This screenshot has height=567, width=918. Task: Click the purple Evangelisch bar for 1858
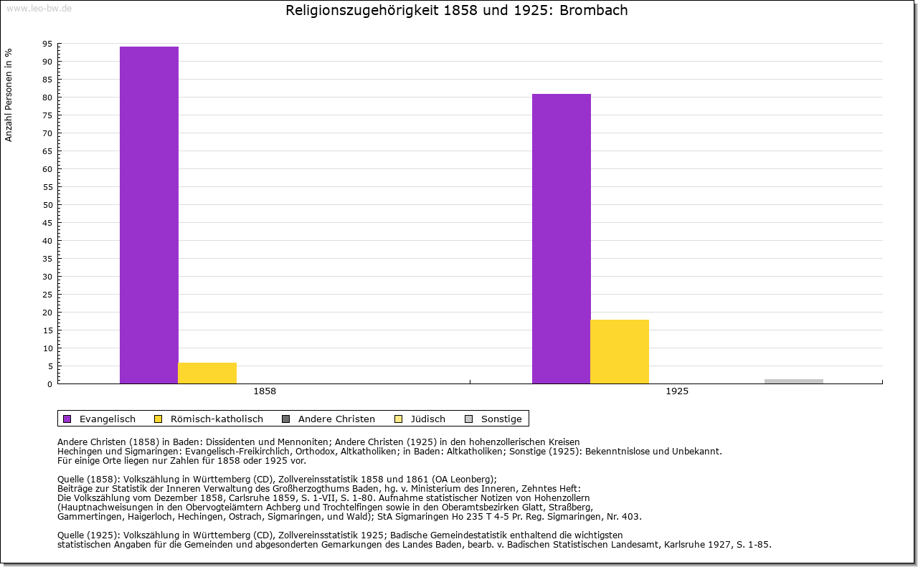(149, 215)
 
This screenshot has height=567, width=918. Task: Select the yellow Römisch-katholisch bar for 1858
(207, 373)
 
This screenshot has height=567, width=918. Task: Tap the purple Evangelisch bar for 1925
(562, 239)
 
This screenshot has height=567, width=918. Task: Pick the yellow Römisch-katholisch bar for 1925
(620, 351)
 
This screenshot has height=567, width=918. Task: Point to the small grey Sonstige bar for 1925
(794, 381)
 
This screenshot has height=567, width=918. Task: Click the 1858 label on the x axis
(265, 392)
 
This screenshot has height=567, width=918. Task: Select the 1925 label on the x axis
(677, 392)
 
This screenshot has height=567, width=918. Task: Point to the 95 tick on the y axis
(47, 44)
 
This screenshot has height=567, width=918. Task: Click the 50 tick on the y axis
(47, 205)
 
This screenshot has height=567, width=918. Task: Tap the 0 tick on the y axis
(49, 384)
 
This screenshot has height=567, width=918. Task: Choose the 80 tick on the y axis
(47, 97)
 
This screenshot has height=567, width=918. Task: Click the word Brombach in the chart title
(596, 11)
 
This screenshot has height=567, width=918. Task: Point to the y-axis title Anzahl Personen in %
(9, 95)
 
